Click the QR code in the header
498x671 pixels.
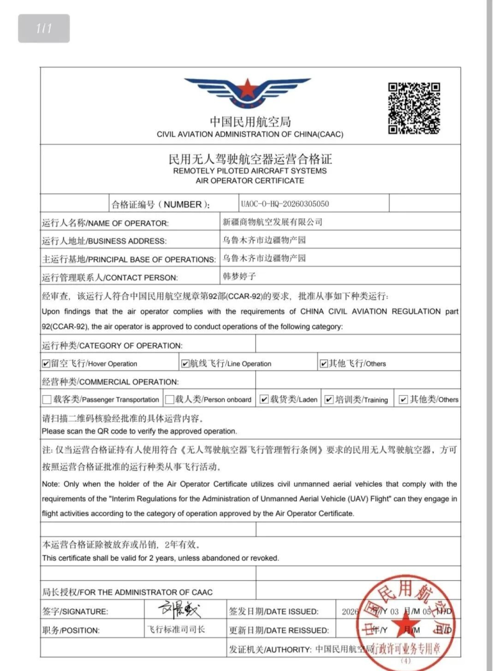(414, 108)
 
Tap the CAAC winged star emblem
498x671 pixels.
(248, 93)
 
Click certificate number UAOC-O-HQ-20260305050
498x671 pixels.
(284, 204)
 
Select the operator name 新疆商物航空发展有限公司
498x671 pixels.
(273, 222)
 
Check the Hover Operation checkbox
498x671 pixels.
(46, 363)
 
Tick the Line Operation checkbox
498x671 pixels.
(185, 363)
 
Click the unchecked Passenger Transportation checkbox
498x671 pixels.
(47, 399)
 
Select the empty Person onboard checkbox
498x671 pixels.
(169, 399)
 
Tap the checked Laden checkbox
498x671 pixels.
(264, 399)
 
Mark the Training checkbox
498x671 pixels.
(329, 399)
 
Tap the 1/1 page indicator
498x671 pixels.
(44, 28)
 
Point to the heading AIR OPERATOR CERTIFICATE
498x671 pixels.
(250, 181)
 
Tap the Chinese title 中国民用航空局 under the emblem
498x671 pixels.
(250, 122)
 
